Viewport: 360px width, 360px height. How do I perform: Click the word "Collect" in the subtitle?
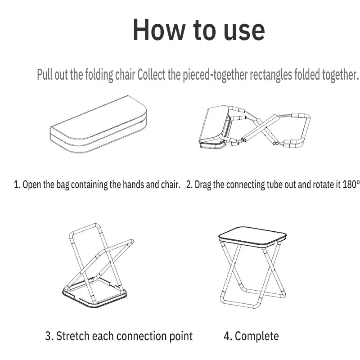click(151, 74)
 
